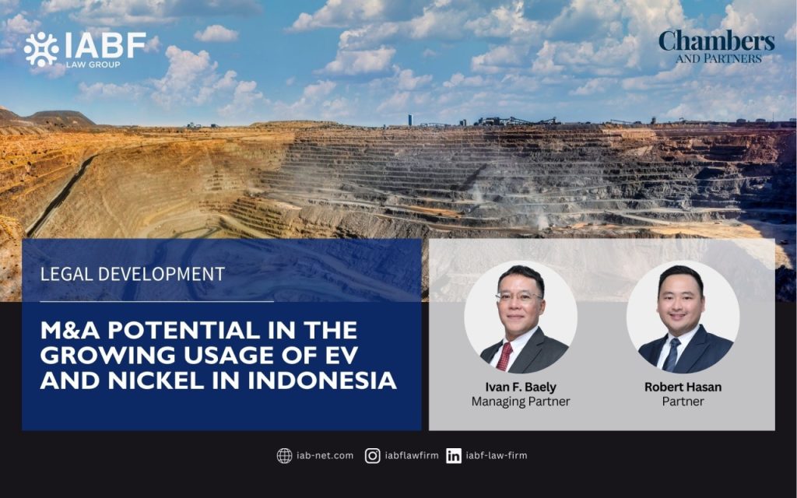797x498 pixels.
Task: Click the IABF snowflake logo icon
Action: (40, 49)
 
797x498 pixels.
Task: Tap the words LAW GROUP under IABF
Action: (93, 65)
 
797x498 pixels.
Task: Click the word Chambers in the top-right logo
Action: (717, 41)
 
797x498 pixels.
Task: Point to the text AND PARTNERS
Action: (718, 59)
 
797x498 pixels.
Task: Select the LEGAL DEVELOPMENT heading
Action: (132, 275)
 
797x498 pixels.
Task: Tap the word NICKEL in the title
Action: (156, 380)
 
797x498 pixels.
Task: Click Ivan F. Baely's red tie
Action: (504, 356)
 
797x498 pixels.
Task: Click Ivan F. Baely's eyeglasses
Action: (519, 296)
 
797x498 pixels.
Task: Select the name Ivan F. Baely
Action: (521, 388)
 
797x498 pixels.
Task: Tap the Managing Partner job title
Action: (521, 402)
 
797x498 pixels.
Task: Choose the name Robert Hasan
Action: (683, 388)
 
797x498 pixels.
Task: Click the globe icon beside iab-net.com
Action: (284, 456)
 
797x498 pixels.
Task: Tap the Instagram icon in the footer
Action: (373, 456)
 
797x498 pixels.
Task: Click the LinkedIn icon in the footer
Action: (454, 456)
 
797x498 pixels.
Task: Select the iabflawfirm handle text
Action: (412, 455)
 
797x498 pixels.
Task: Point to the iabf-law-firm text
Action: (497, 455)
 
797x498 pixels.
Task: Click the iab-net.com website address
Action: (325, 455)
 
